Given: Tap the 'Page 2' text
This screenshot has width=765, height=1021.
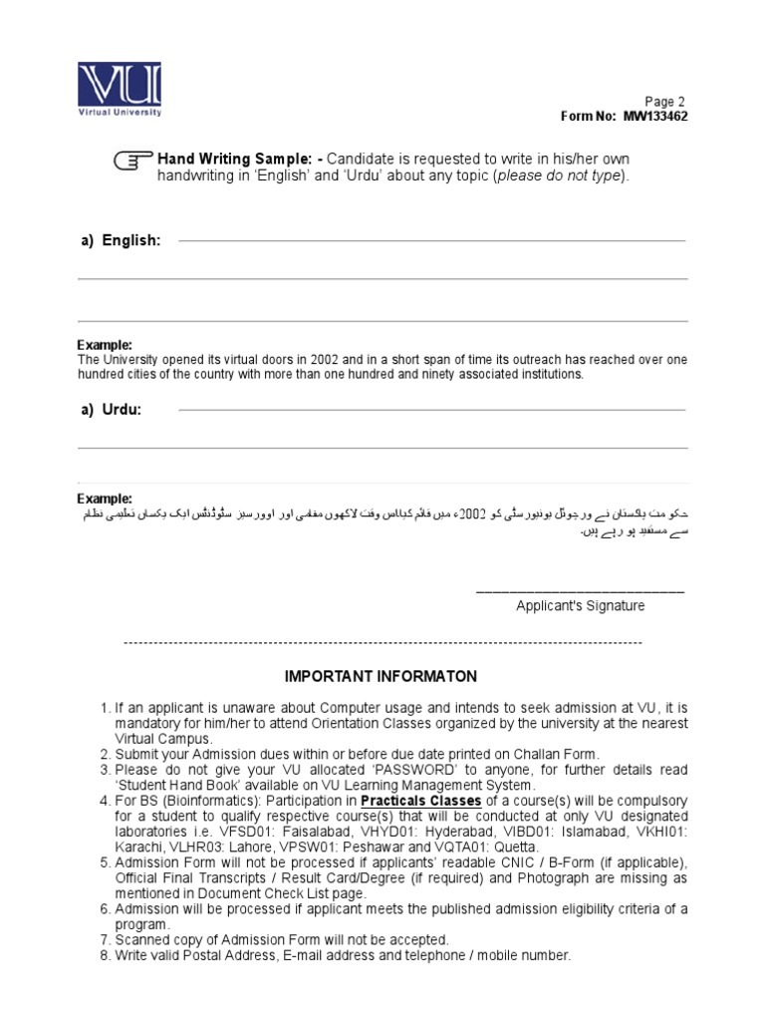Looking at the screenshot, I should (665, 102).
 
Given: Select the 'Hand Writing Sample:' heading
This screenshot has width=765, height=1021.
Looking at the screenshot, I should (234, 160).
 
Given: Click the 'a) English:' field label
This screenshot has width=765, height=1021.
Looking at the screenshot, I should (120, 240).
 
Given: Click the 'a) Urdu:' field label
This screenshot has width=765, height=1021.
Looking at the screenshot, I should (111, 410).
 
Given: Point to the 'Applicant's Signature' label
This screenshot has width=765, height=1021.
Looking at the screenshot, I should (580, 605).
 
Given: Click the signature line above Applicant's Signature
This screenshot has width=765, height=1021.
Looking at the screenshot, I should (580, 591).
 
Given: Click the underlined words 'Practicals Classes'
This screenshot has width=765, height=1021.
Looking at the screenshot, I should (420, 801).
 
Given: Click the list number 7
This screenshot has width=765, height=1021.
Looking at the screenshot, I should (105, 939).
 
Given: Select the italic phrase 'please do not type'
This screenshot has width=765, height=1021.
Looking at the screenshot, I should (560, 175).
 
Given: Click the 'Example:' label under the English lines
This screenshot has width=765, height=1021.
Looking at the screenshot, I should (105, 344).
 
